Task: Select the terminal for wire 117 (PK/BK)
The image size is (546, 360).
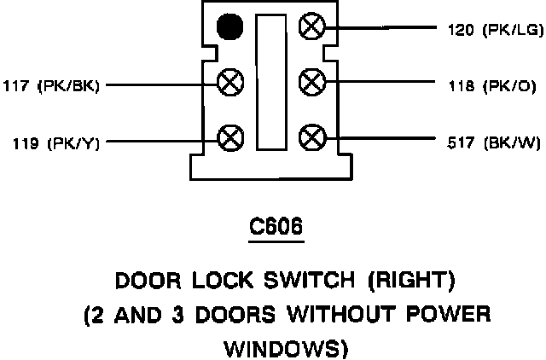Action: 229,84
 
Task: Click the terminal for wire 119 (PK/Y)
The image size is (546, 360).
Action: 229,137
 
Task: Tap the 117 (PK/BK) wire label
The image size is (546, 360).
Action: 51,85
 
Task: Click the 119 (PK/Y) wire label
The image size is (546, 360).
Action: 51,142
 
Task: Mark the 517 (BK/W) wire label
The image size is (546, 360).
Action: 493,141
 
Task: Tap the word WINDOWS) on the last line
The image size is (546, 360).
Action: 273,347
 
